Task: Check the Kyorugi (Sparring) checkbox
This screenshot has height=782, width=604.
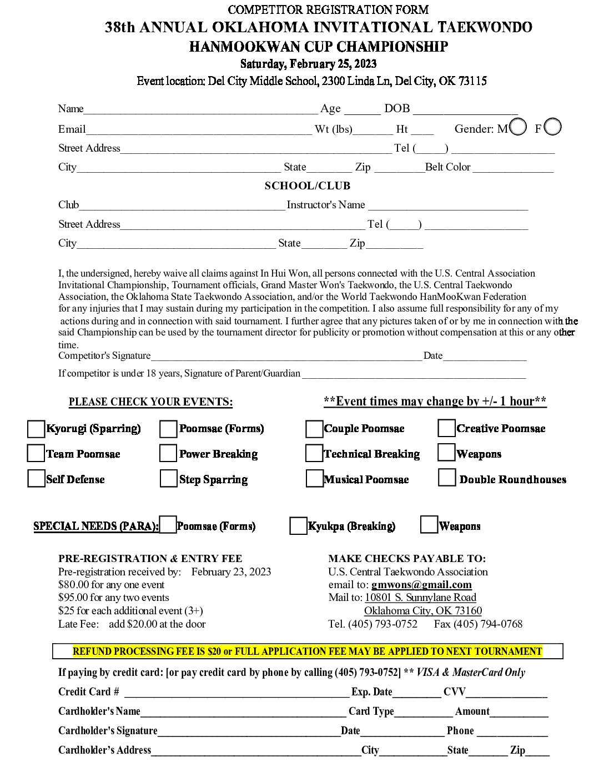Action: tap(36, 429)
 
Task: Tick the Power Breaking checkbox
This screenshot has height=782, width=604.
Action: tap(168, 453)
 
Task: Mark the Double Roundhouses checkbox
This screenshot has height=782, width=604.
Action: tap(447, 478)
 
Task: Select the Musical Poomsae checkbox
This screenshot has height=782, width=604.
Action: tap(314, 479)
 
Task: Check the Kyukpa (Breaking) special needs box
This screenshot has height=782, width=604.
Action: tap(298, 526)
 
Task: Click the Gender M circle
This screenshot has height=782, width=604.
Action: tap(518, 127)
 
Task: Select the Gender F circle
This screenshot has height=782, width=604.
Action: tap(553, 127)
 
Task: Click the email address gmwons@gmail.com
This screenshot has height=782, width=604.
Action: tap(421, 585)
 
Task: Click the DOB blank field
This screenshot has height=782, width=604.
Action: tap(465, 110)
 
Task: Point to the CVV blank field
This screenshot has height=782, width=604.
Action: tap(506, 694)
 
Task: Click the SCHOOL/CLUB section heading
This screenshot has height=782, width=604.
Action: tap(307, 186)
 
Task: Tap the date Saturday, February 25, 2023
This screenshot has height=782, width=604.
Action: tap(308, 64)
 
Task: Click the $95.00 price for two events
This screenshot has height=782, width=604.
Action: tap(73, 598)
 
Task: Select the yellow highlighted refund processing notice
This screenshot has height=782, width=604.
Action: tap(307, 651)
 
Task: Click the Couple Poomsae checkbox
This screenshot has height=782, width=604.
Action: tap(314, 429)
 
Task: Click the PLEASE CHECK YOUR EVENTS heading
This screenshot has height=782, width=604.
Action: tap(150, 402)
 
